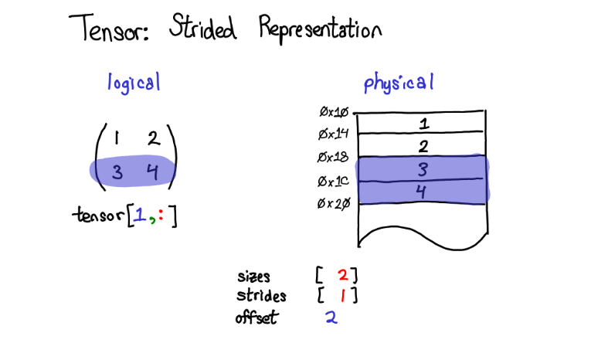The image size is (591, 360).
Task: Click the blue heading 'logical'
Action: tap(134, 83)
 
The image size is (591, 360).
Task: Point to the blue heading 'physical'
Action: tap(399, 83)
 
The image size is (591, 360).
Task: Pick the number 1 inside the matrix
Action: tap(116, 139)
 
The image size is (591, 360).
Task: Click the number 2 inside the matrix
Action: tap(152, 140)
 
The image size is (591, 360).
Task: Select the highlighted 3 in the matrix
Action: tap(117, 172)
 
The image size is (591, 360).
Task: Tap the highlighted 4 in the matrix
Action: tap(152, 172)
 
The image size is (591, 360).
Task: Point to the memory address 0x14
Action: tap(335, 135)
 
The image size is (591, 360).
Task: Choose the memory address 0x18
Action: tap(335, 158)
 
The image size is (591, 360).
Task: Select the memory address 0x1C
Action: tap(335, 182)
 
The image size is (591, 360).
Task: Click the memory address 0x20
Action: tap(335, 205)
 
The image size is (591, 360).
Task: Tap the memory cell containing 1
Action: tap(423, 123)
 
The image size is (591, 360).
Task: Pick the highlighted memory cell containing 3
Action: tap(422, 168)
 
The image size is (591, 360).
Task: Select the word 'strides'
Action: tap(261, 296)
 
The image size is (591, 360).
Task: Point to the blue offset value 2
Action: tap(331, 317)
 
